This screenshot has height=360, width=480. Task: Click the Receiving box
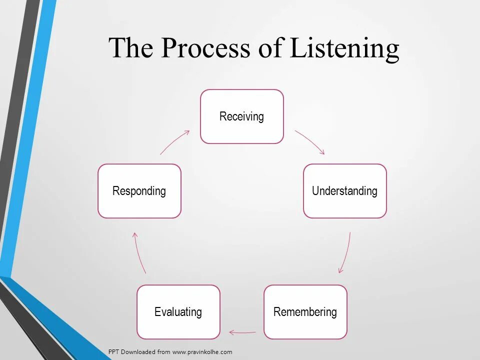click(x=242, y=116)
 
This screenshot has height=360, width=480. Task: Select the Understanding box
click(x=345, y=191)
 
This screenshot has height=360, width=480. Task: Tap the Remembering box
click(x=305, y=312)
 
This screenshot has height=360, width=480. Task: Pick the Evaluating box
click(x=178, y=312)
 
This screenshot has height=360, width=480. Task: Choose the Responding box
click(x=139, y=191)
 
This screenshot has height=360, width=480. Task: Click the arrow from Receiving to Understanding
click(x=310, y=142)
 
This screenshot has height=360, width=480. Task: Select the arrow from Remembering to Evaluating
click(x=242, y=331)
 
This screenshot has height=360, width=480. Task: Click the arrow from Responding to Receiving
click(x=174, y=142)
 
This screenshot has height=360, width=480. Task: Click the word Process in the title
click(x=205, y=48)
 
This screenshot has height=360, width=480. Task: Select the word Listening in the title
click(x=344, y=49)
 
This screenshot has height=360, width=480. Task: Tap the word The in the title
click(x=130, y=48)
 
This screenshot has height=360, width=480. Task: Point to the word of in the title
click(x=270, y=48)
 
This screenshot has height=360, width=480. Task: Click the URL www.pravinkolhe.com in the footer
click(x=202, y=352)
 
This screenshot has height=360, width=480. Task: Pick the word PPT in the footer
click(x=114, y=352)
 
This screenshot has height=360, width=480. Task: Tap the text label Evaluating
click(x=178, y=312)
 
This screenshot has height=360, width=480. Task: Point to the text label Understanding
click(x=345, y=191)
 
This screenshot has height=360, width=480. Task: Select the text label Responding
click(x=139, y=191)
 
